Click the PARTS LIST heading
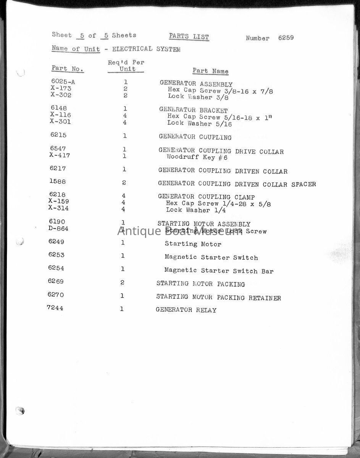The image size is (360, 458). [189, 37]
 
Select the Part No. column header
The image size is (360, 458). [68, 69]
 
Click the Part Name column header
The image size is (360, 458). [210, 71]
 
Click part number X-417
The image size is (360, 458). [60, 155]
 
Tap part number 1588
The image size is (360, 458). [58, 182]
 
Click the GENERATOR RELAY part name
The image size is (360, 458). [186, 310]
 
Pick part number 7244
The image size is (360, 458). [55, 308]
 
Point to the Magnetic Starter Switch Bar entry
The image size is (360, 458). [219, 271]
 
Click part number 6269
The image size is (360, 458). [56, 282]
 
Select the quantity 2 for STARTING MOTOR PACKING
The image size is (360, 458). [123, 283]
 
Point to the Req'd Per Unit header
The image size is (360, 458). [126, 66]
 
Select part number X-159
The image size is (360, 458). [58, 201]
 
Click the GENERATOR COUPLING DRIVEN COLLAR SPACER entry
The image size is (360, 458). [237, 184]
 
